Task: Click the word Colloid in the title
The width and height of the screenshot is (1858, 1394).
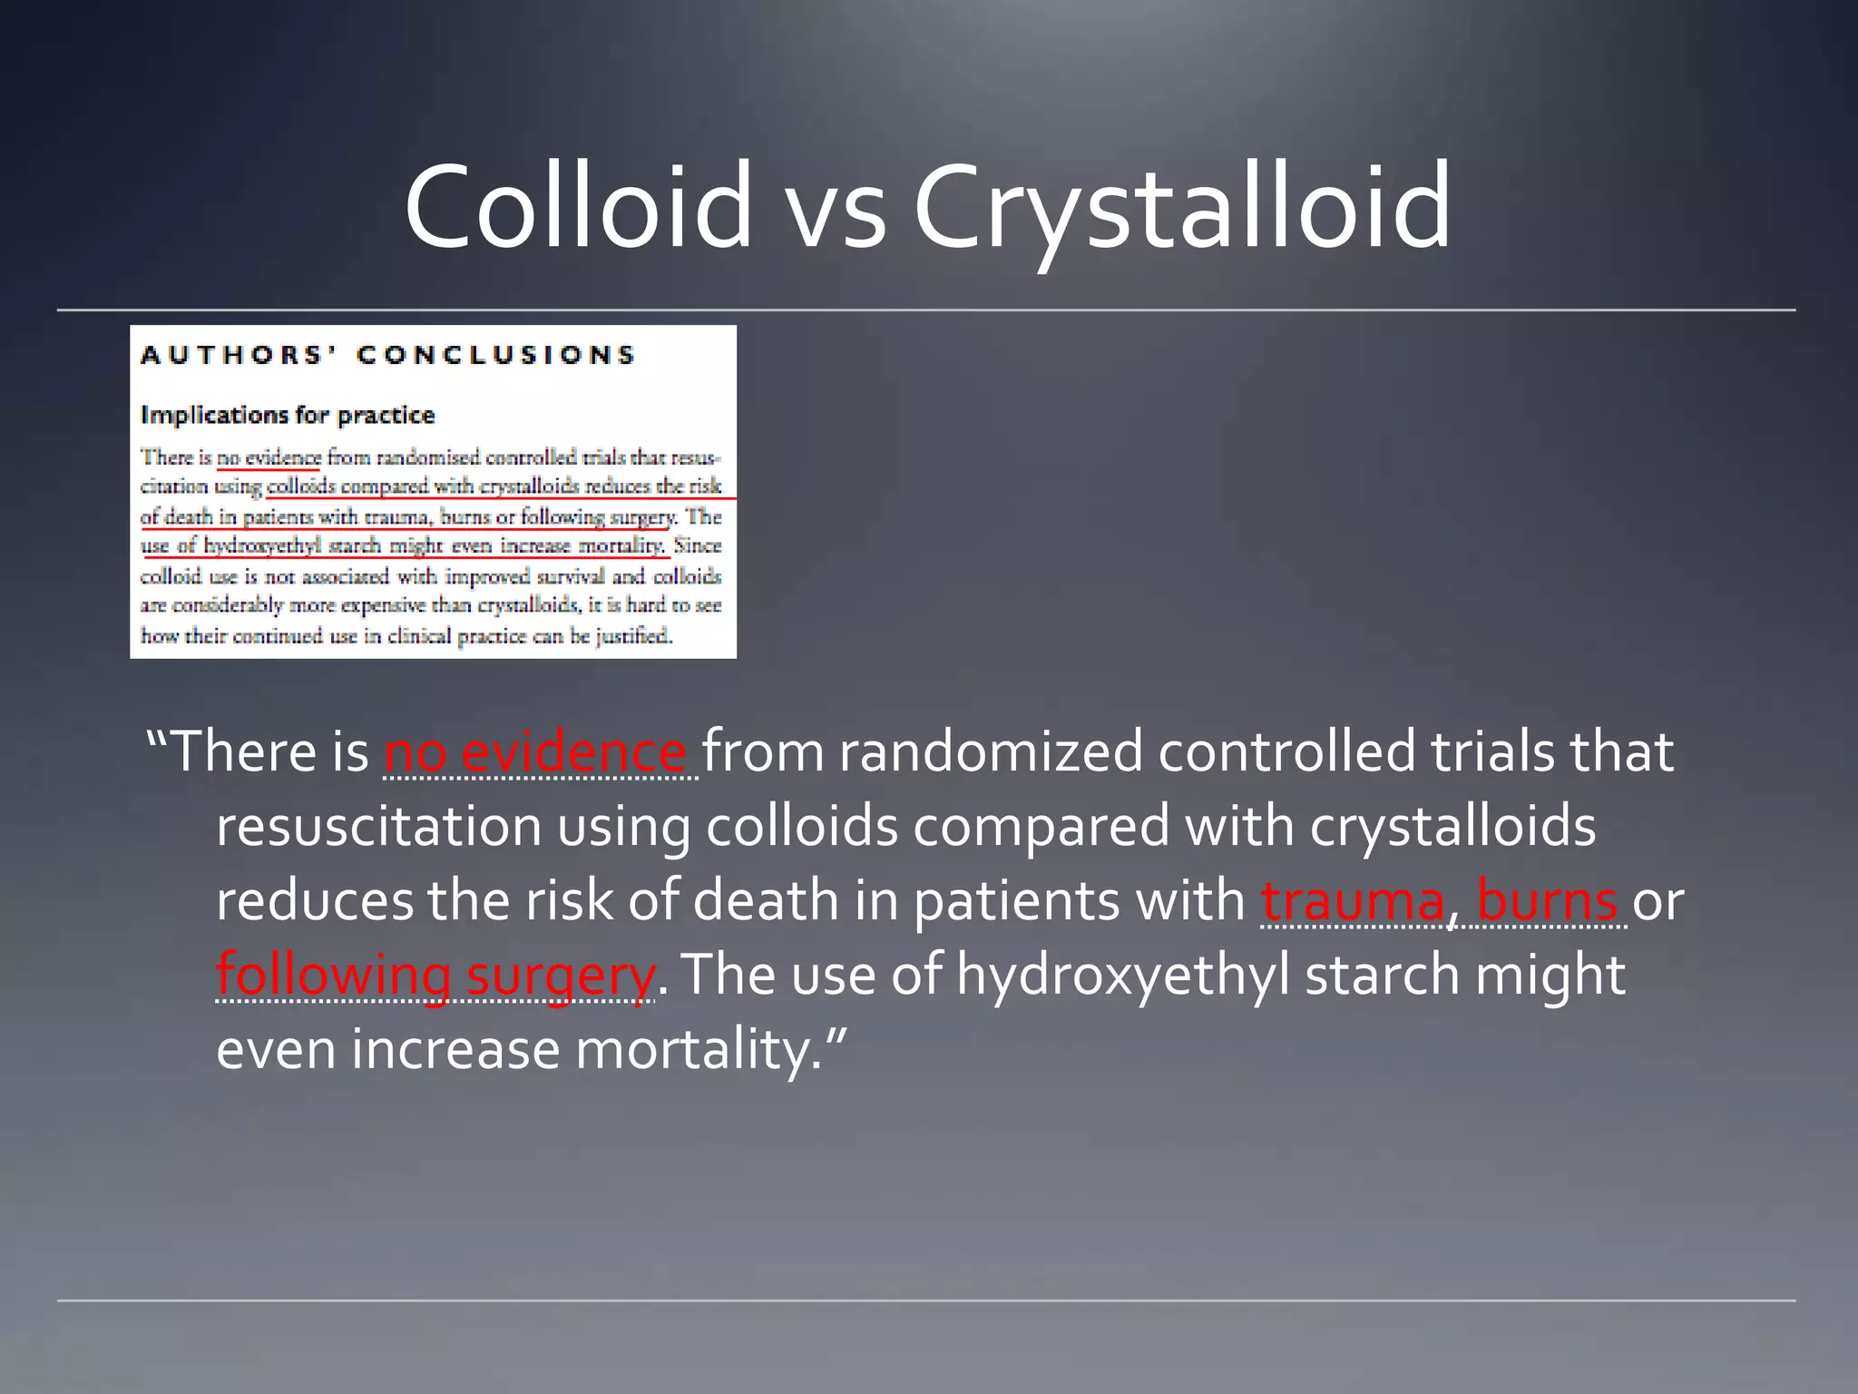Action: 578,206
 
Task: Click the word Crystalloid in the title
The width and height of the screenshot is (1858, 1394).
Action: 1181,206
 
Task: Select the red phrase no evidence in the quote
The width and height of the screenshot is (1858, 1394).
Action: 536,753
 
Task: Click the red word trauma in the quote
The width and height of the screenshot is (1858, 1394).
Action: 1352,901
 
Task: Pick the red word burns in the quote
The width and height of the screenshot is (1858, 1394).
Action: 1548,901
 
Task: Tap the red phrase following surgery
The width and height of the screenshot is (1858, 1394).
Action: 435,976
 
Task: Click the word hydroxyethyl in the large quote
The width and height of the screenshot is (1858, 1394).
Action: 1122,976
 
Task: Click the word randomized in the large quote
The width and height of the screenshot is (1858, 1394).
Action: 990,753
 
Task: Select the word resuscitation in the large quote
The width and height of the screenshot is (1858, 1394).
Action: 379,828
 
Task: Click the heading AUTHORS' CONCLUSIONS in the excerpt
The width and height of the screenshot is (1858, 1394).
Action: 387,355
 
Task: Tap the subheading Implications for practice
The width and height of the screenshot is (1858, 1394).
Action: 288,416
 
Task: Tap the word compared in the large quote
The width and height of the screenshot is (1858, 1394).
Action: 1041,828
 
